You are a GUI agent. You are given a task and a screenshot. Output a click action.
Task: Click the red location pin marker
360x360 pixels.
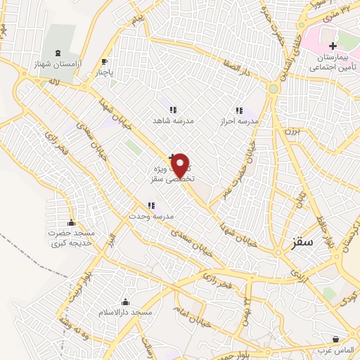tap(181, 166)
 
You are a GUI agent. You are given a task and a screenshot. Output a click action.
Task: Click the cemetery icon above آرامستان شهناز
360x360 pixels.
tap(58, 53)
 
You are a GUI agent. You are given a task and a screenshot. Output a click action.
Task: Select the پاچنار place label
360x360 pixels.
tap(104, 72)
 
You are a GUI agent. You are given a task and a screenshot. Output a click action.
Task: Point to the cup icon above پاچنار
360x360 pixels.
tap(105, 61)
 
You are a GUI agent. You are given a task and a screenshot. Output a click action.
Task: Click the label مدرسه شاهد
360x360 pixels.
tap(173, 121)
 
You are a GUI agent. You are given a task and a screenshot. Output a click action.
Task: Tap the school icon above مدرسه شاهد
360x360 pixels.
tap(173, 110)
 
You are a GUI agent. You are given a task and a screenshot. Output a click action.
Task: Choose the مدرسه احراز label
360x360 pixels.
tap(239, 122)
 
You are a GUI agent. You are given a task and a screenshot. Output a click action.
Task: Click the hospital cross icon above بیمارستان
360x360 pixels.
tap(333, 46)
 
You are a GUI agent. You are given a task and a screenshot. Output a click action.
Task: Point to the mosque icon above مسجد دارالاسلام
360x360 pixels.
tap(126, 301)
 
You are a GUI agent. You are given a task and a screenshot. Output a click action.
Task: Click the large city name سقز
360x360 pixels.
tap(301, 243)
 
